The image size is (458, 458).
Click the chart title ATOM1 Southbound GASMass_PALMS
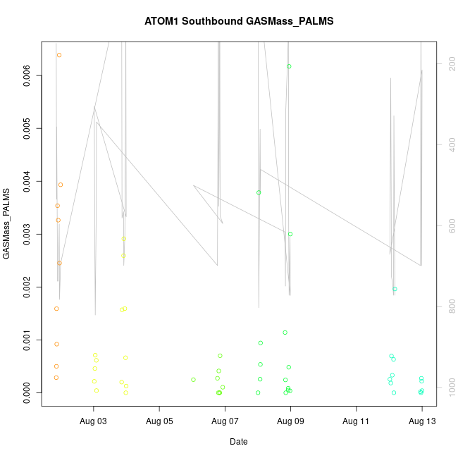239,21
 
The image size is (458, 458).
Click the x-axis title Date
239,442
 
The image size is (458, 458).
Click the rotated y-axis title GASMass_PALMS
7,223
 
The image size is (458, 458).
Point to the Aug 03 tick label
94,421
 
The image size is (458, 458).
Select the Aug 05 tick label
159,421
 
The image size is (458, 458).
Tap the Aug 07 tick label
225,421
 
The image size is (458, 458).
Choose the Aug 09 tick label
290,421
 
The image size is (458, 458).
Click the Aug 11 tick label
356,421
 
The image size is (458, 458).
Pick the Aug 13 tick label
421,421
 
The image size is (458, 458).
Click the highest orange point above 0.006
59,55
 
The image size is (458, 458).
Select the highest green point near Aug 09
289,66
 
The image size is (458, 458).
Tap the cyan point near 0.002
395,289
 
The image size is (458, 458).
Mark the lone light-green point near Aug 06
193,380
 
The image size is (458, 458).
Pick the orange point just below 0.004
61,185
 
